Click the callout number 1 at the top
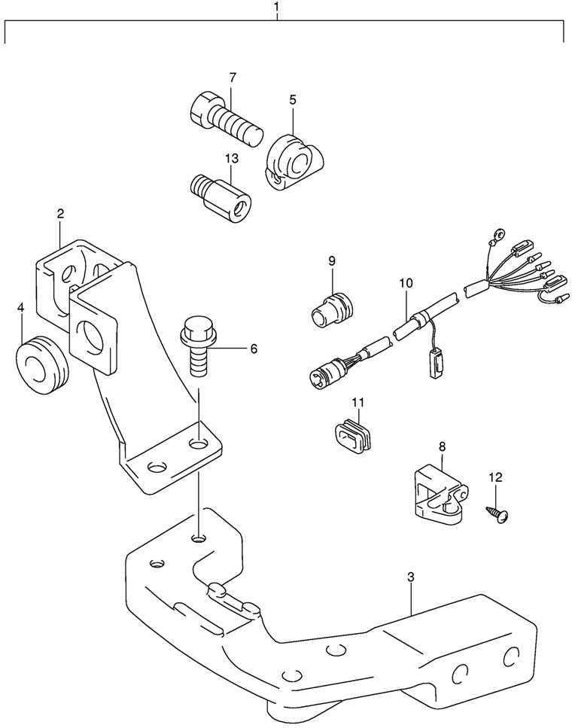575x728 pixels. tap(277, 7)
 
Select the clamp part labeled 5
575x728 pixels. tap(295, 162)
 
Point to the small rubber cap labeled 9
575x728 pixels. tap(333, 309)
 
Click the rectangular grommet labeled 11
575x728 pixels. tap(353, 434)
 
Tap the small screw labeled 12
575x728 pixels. tap(497, 516)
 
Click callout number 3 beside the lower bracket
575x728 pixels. tap(410, 577)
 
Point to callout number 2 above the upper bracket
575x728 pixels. tap(60, 214)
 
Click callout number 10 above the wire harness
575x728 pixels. tap(406, 283)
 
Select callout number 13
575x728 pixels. tap(232, 158)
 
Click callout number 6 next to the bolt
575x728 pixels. tap(254, 349)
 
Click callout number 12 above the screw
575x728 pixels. tap(496, 477)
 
